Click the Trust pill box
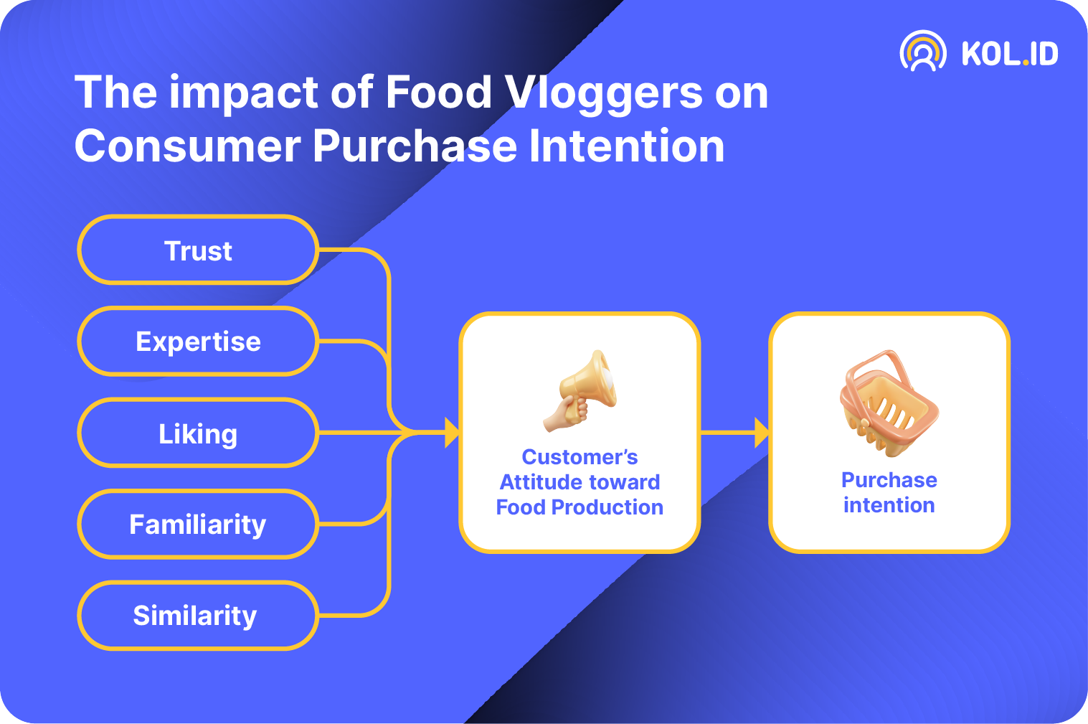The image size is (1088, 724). (198, 250)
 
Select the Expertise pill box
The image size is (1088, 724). (198, 341)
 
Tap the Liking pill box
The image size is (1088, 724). (198, 433)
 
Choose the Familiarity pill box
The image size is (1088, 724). (198, 524)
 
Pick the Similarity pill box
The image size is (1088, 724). (198, 615)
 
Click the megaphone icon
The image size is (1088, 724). (580, 390)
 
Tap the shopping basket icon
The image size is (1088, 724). (889, 403)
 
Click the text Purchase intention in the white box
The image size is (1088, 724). (889, 492)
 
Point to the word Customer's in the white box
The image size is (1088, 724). (580, 457)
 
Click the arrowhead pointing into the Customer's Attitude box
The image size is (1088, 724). (452, 433)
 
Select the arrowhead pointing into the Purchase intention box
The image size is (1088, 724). (762, 433)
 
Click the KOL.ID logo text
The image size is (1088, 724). (1010, 53)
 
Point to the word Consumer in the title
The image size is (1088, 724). (188, 146)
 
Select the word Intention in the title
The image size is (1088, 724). (627, 145)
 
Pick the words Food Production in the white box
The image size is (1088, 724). (580, 507)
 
